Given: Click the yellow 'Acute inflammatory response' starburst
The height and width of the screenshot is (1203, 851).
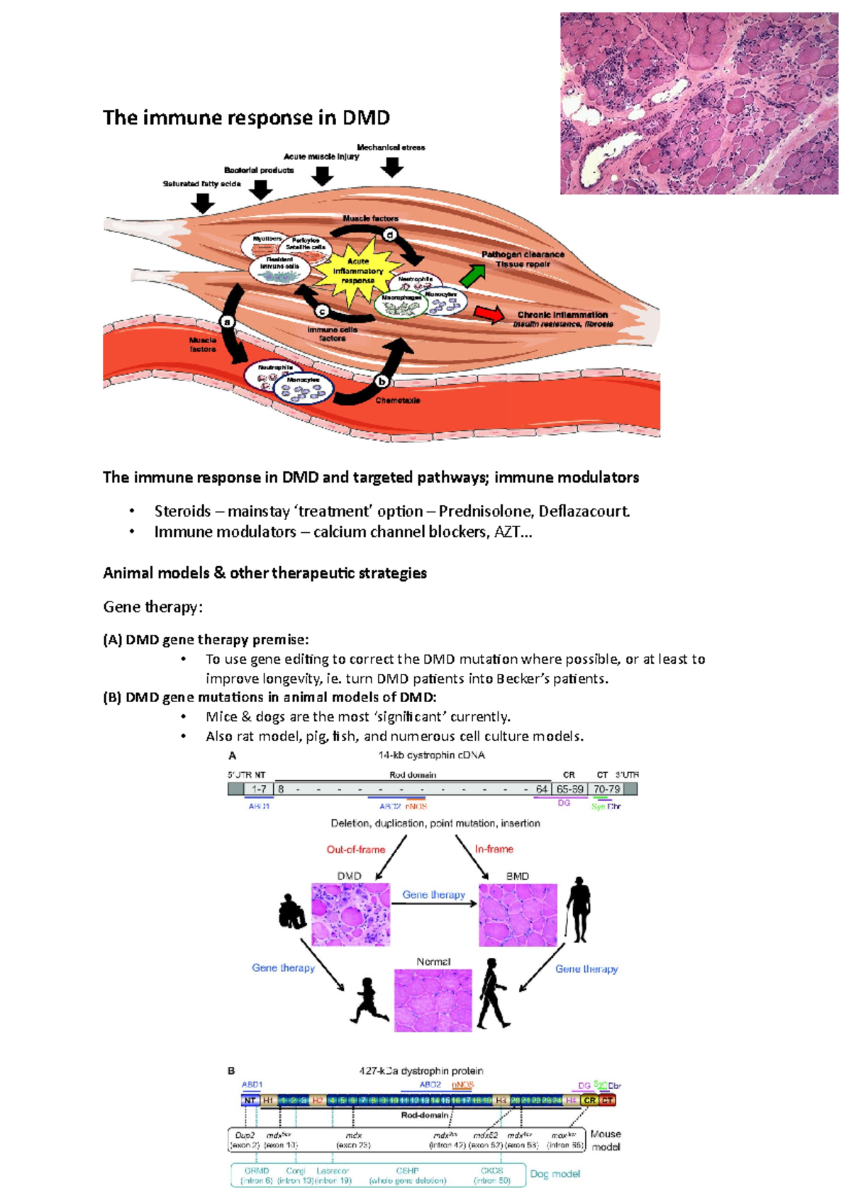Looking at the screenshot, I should coord(357,270).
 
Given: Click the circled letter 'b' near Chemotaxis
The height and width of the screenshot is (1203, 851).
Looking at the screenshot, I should coord(382,381).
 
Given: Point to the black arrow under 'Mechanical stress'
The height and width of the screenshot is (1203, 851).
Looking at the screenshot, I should coord(391,167).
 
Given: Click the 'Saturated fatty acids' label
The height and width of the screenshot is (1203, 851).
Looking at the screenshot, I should coord(201,184).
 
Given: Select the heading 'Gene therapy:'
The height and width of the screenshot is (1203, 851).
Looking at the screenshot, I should coord(152,607).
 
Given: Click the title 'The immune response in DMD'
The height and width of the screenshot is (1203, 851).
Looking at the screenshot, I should coord(246,118).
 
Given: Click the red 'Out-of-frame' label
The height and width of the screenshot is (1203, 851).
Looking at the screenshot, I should coord(355,849).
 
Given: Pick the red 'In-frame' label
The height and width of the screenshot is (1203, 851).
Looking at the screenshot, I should coord(494,849).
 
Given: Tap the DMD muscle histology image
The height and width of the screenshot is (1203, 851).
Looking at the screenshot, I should coord(350,914).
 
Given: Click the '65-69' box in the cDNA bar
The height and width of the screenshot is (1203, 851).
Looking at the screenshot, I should coord(569,789).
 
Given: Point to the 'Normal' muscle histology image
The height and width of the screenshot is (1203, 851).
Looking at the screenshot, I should coord(433,1000).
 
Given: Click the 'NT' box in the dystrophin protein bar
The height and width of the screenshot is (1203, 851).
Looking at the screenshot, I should coord(250,1100).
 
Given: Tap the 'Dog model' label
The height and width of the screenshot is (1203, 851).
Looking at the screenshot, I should coord(555,1174).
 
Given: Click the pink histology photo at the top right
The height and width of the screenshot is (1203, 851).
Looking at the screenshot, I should coord(699,103).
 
